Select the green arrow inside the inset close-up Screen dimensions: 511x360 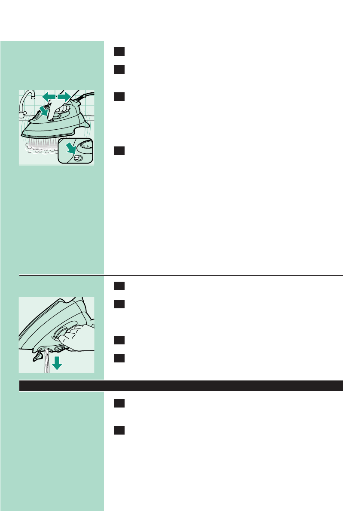pyautogui.click(x=69, y=149)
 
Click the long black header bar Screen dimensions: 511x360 pyautogui.click(x=181, y=385)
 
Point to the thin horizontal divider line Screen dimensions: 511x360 pyautogui.click(x=181, y=275)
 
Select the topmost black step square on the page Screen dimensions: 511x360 pyautogui.click(x=119, y=52)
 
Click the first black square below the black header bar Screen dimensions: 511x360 pyautogui.click(x=119, y=404)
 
